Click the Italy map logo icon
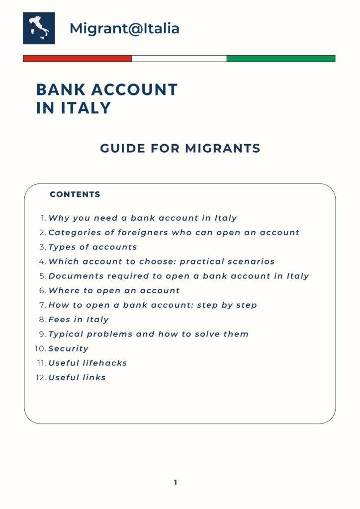39,28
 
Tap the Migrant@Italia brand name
124,28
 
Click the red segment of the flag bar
77,59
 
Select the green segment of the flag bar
281,59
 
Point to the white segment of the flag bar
179,59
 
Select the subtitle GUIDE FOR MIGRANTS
180,148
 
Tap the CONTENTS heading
75,194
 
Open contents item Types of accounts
92,247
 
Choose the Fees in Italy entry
79,320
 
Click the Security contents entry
69,348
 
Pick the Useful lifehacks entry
88,363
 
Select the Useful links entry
77,377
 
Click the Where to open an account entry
114,290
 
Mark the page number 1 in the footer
176,482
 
